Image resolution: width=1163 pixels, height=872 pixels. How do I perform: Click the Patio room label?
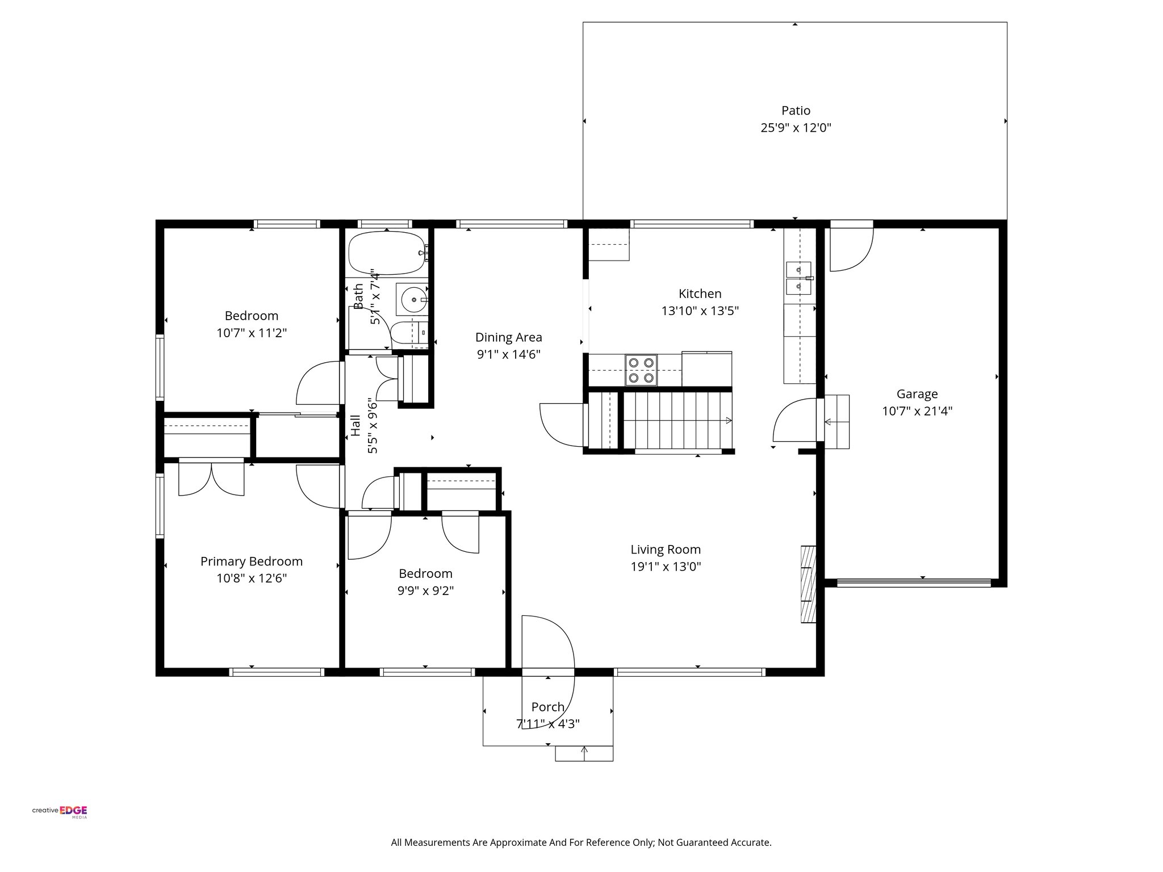pyautogui.click(x=796, y=111)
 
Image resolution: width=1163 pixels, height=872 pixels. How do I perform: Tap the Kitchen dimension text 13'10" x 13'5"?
pyautogui.click(x=700, y=311)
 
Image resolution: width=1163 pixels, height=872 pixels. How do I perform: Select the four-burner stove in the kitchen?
pyautogui.click(x=641, y=370)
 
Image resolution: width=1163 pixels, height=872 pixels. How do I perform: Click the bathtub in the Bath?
pyautogui.click(x=387, y=253)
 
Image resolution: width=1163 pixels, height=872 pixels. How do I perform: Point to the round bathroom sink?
pyautogui.click(x=413, y=298)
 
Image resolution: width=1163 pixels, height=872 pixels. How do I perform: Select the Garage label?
pyautogui.click(x=917, y=394)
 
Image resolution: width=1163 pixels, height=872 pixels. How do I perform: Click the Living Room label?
pyautogui.click(x=666, y=550)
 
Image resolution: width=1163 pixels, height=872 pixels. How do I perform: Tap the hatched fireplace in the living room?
pyautogui.click(x=808, y=585)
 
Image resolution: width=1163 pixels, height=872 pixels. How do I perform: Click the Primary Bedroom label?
pyautogui.click(x=252, y=561)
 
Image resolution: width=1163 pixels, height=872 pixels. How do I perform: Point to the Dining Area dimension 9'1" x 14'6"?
pyautogui.click(x=508, y=355)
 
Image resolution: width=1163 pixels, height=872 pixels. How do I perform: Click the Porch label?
pyautogui.click(x=547, y=707)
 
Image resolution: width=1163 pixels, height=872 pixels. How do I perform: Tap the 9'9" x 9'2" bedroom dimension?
pyautogui.click(x=425, y=591)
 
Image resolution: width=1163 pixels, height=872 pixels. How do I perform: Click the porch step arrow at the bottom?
pyautogui.click(x=584, y=753)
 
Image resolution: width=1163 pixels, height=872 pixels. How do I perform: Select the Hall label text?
pyautogui.click(x=355, y=425)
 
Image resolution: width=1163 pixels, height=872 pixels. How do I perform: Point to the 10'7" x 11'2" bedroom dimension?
pyautogui.click(x=252, y=333)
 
